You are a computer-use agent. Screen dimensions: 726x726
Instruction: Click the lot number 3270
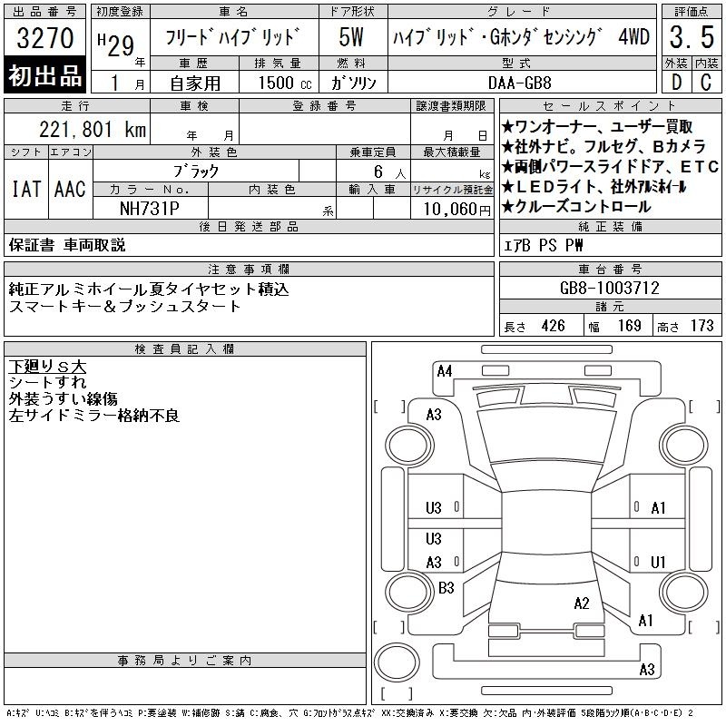(x=44, y=37)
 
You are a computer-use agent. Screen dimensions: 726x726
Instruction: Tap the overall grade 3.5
(x=692, y=37)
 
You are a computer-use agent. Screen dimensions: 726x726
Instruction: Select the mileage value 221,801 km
(x=93, y=130)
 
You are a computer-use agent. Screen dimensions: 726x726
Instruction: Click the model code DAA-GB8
(x=519, y=83)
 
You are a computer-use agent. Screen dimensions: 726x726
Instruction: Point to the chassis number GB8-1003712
(x=609, y=288)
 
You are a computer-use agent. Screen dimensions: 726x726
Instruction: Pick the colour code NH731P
(x=149, y=209)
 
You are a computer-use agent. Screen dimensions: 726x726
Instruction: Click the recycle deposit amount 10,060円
(x=457, y=209)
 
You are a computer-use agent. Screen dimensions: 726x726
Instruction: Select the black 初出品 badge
(x=44, y=75)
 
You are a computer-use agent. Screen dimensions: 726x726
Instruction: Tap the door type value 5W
(x=351, y=37)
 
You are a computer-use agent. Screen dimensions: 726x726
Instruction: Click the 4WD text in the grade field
(x=633, y=36)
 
